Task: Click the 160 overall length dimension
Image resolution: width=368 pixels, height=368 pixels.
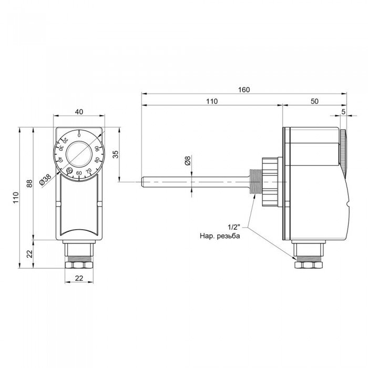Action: [243, 89]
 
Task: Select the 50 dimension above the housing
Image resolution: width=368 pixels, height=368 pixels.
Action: [314, 101]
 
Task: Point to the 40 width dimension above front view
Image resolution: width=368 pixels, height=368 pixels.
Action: [79, 111]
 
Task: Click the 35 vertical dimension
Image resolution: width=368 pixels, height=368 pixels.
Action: [116, 154]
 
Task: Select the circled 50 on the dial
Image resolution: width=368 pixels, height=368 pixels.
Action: [69, 170]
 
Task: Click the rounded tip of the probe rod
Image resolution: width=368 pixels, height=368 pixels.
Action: [143, 182]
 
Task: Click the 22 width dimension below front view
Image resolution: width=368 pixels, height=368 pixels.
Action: [79, 279]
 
